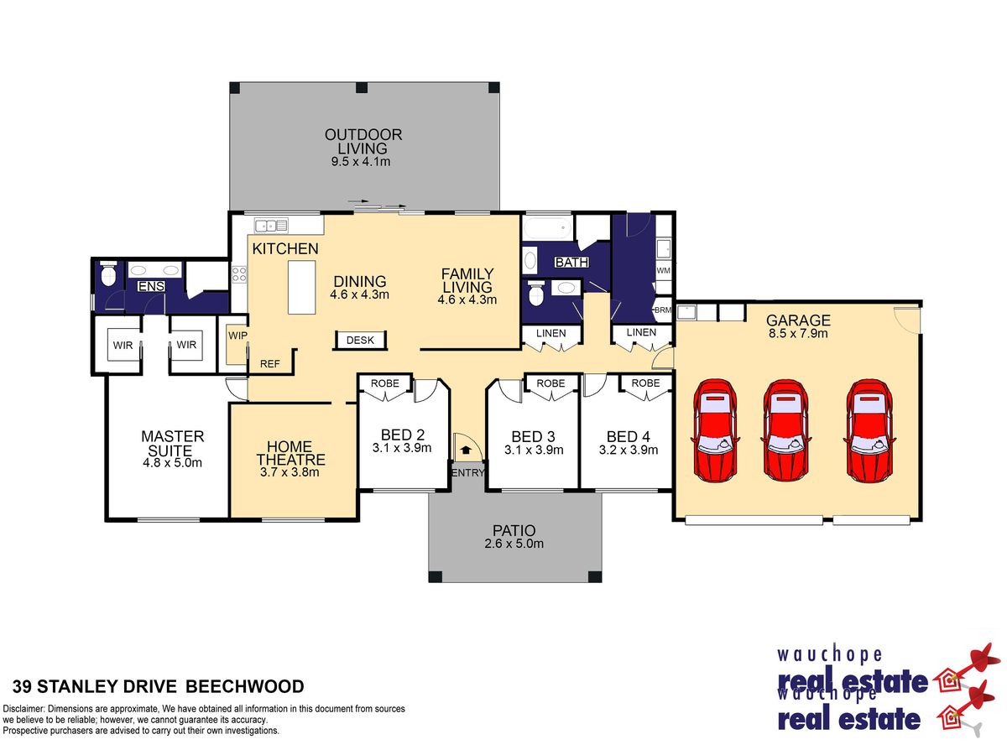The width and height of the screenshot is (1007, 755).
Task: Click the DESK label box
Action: [x=360, y=340]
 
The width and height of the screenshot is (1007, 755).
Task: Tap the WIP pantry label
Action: [x=237, y=336]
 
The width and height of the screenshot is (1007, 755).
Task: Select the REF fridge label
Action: [x=269, y=364]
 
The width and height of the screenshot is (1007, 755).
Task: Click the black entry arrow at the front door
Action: [x=466, y=450]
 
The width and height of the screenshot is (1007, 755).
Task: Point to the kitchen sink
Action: [x=271, y=226]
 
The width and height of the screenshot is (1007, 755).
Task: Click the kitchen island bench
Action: [x=301, y=288]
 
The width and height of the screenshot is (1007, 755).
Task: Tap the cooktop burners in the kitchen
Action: [x=239, y=274]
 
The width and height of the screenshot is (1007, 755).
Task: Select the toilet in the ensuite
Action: [x=108, y=273]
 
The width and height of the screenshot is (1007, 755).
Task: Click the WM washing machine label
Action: [x=663, y=270]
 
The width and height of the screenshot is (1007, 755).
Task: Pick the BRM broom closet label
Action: [x=663, y=310]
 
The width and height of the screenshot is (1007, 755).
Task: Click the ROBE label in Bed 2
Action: [x=385, y=383]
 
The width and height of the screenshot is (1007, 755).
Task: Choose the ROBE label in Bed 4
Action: [x=645, y=383]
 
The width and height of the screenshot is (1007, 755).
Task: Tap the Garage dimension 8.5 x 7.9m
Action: [x=798, y=333]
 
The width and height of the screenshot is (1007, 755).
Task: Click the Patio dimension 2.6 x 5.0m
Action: [x=514, y=544]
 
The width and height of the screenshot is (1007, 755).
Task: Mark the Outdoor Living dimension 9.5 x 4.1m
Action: [x=361, y=161]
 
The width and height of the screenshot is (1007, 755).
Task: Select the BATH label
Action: [x=571, y=263]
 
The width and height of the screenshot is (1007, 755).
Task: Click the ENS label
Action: [x=151, y=287]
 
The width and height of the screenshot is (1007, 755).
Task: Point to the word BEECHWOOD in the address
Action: [x=245, y=686]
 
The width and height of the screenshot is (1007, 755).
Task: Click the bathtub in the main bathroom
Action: [x=547, y=227]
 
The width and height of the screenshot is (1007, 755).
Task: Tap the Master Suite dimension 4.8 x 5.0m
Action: [x=173, y=462]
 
